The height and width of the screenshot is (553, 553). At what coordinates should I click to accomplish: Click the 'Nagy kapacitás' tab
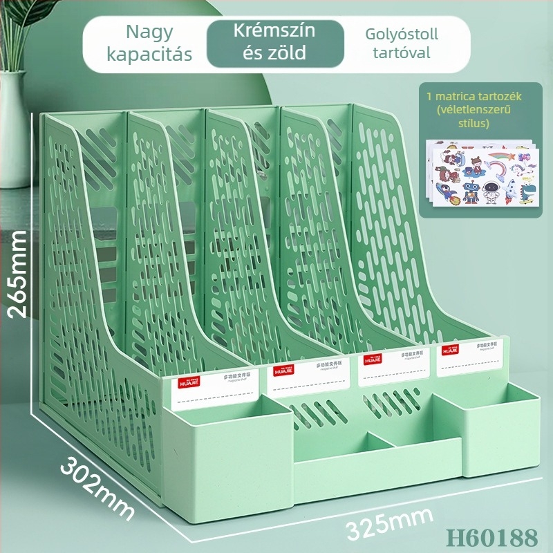150,43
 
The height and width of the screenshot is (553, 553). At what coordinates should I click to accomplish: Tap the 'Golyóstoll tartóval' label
400,43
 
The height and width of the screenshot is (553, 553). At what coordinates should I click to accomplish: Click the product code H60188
492,536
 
